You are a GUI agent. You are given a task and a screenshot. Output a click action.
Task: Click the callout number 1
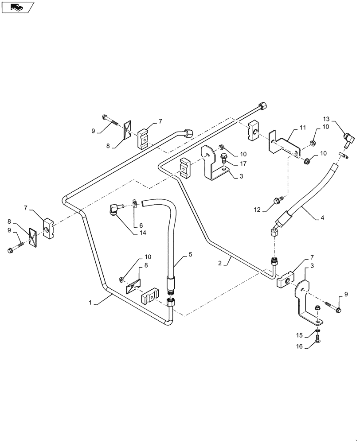[90, 302]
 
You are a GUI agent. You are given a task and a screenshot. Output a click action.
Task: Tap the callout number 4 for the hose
[322, 218]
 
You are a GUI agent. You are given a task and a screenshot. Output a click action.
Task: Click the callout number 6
[141, 225]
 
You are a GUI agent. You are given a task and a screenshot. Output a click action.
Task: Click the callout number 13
[326, 119]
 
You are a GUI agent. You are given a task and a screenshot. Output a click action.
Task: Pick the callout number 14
[143, 233]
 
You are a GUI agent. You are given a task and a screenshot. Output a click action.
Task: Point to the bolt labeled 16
[318, 341]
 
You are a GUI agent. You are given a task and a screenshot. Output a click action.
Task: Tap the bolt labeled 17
[223, 157]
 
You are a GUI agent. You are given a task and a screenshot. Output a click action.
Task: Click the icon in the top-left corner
[17, 7]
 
